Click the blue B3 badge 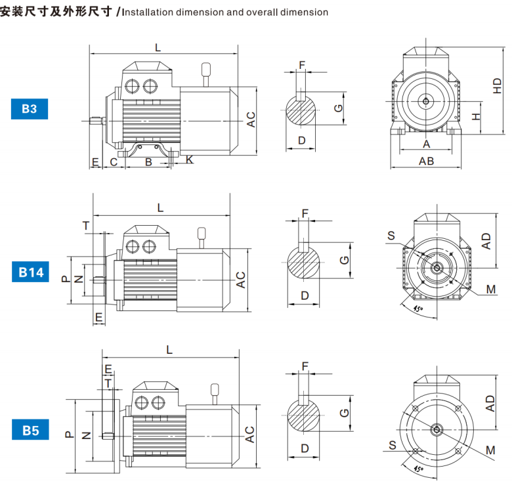[30, 108]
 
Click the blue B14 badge [30, 272]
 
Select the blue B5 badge [30, 431]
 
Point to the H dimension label [477, 116]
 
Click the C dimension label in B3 [114, 161]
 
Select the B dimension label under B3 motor [148, 161]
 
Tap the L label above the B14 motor [161, 208]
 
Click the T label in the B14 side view [86, 226]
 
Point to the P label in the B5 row [68, 434]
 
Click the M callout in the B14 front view [490, 289]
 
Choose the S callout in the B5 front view [392, 445]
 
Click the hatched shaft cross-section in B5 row [305, 415]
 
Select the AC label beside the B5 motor [249, 434]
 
